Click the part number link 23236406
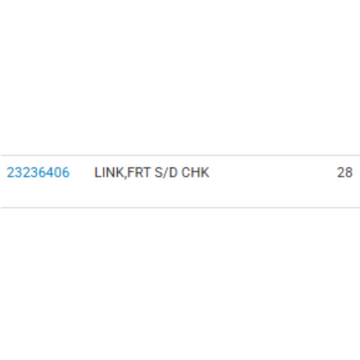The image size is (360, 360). pos(38,172)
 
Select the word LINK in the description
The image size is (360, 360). pos(109,172)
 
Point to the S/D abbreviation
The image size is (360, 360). pos(166,172)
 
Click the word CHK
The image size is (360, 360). pos(195,172)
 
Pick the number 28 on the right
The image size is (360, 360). pos(345,172)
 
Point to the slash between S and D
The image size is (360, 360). pos(166,172)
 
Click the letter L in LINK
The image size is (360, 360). pos(98,172)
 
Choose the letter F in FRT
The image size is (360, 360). pos(131,172)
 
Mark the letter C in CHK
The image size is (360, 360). pos(185,172)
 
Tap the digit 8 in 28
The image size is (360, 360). pos(349,172)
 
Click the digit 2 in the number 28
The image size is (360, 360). pos(340,172)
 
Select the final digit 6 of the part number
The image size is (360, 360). pos(66,172)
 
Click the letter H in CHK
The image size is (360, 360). pos(194,172)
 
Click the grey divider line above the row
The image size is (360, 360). pos(180,155)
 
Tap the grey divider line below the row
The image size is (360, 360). pos(180,208)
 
